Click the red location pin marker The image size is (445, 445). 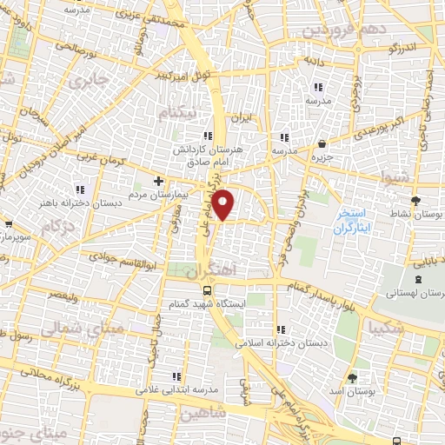(x=224, y=204)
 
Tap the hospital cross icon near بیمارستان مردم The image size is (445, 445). (x=157, y=181)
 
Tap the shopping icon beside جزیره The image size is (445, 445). (x=323, y=144)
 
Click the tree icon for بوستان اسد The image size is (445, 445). (x=352, y=377)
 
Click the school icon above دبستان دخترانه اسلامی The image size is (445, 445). (x=281, y=329)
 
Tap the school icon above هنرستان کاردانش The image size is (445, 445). (x=207, y=136)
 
